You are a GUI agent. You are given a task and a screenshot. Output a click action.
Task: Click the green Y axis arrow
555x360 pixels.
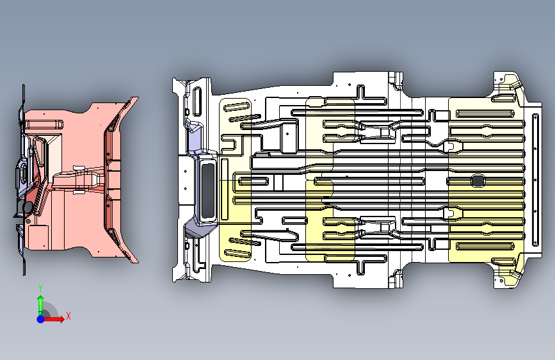tap(40, 303)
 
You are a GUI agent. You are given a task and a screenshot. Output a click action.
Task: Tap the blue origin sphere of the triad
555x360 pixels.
tap(40, 318)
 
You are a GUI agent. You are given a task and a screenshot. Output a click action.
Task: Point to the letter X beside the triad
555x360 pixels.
tap(68, 316)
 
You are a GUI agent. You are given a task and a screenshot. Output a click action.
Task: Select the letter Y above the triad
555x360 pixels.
tap(40, 288)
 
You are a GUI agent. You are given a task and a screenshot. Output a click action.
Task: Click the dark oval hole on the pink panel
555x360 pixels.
tap(28, 208)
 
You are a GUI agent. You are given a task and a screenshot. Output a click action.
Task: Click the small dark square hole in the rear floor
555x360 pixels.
tap(477, 181)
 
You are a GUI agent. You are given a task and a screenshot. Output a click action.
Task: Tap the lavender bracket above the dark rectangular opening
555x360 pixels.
tap(193, 136)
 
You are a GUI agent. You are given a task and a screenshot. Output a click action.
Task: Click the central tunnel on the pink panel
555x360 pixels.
tap(80, 179)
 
